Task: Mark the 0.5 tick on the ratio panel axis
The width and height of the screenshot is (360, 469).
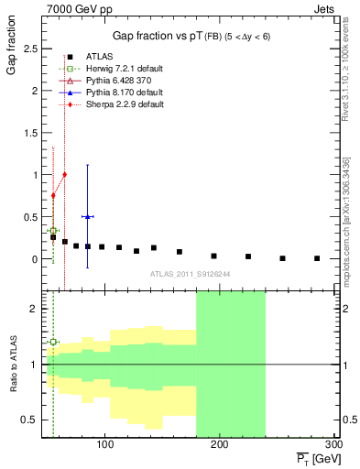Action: (27, 420)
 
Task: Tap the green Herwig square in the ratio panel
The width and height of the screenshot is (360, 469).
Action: (53, 342)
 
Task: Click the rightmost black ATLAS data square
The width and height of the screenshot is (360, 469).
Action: (317, 258)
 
